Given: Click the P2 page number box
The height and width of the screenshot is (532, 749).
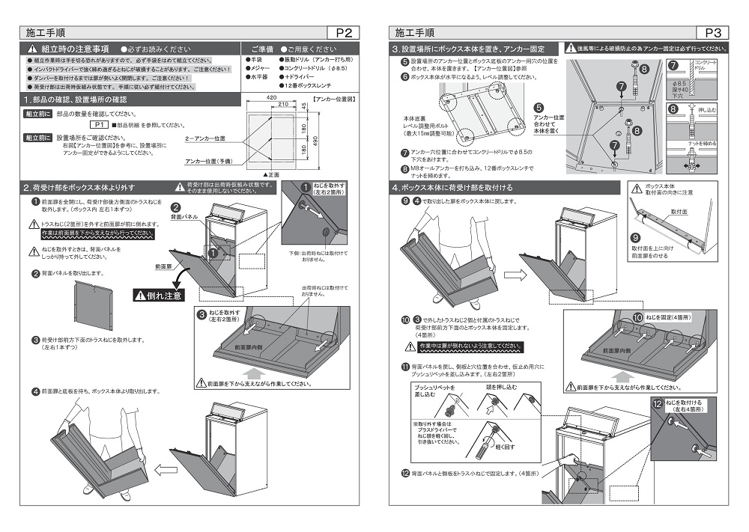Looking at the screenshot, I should pyautogui.click(x=344, y=32).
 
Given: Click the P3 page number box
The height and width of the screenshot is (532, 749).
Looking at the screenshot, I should pyautogui.click(x=712, y=32).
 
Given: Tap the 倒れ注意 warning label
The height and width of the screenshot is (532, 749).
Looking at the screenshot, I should pyautogui.click(x=159, y=295).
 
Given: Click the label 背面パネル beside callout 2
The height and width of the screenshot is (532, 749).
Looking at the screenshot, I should pyautogui.click(x=183, y=215).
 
